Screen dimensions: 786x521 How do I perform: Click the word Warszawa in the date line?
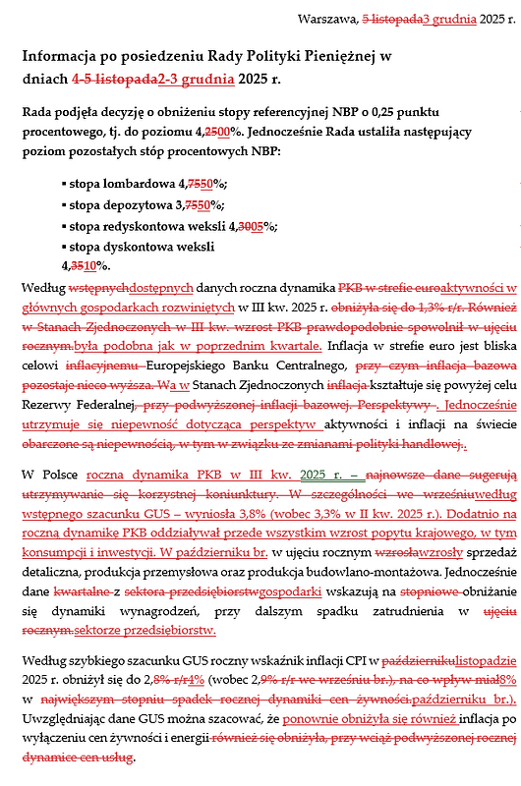pos(327,19)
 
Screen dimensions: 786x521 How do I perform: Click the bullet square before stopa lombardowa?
pos(64,184)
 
